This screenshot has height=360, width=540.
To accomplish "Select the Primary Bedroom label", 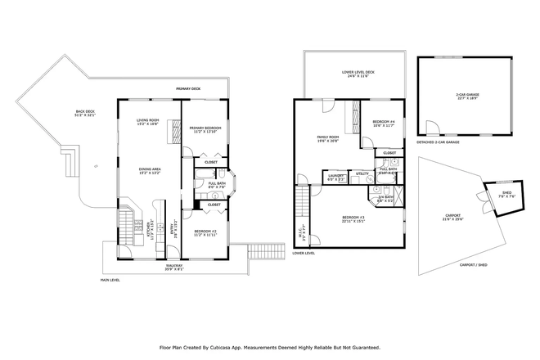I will pyautogui.click(x=205, y=129).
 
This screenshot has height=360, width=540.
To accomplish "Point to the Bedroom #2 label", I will pyautogui.click(x=205, y=232).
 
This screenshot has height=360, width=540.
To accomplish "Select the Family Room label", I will pyautogui.click(x=328, y=138).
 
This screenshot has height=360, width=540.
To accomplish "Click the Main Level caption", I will pyautogui.click(x=110, y=280).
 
